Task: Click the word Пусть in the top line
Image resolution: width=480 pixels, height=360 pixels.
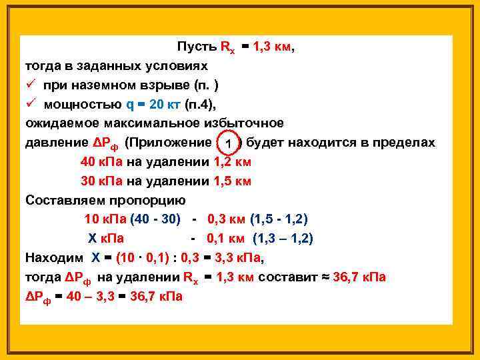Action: (x=196, y=48)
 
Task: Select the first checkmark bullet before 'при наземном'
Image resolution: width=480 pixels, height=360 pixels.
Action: (x=31, y=85)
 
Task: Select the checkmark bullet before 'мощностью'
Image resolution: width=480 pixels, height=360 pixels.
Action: (x=31, y=104)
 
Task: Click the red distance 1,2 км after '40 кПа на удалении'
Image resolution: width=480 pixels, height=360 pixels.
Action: (x=233, y=162)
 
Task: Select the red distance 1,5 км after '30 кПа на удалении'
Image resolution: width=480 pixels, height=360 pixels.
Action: (x=233, y=181)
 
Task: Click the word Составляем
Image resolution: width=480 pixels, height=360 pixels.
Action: (x=59, y=200)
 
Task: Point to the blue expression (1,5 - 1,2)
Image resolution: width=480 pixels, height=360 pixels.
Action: (x=279, y=219)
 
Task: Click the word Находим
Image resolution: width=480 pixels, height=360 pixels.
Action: (x=53, y=258)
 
